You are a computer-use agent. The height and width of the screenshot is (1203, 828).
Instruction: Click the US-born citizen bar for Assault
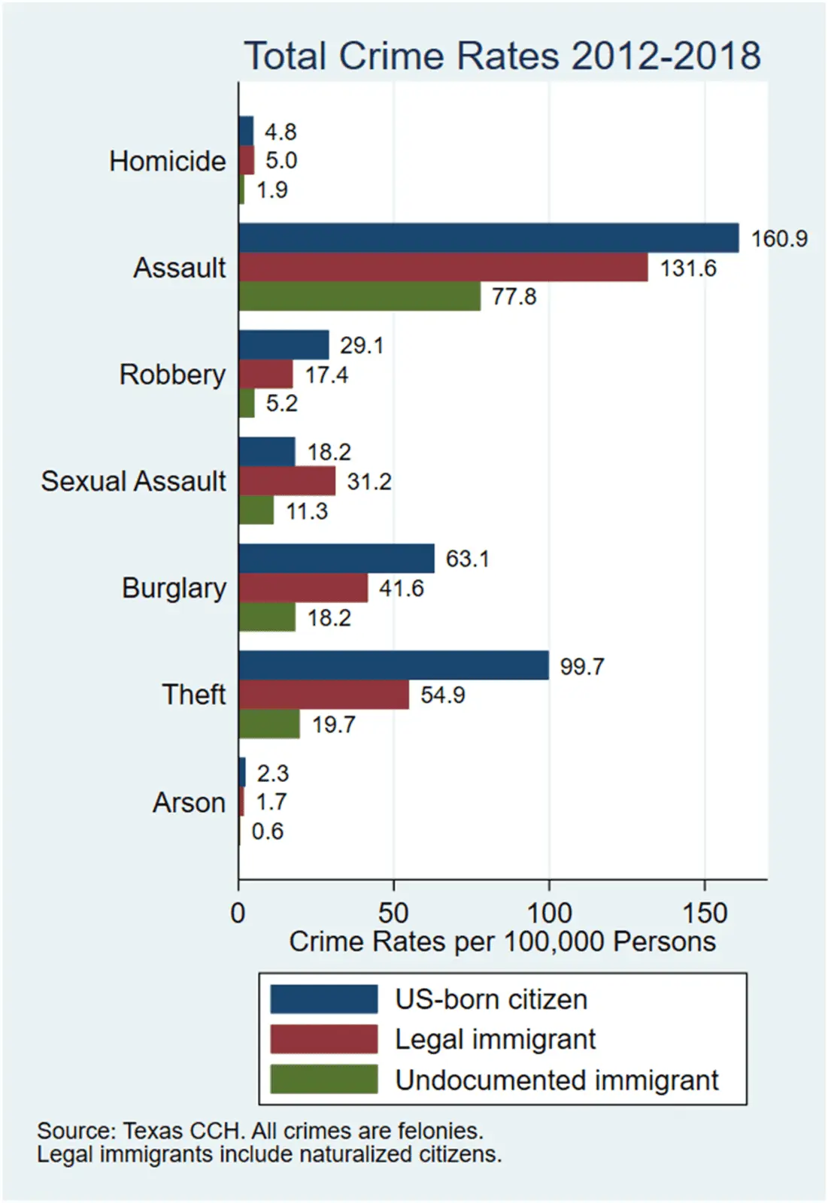[x=488, y=238]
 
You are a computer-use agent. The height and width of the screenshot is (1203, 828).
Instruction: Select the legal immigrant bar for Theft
[x=323, y=695]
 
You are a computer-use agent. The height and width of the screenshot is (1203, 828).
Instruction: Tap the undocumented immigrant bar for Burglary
[x=267, y=618]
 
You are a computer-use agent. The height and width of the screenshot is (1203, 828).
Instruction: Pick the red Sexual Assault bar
[x=287, y=481]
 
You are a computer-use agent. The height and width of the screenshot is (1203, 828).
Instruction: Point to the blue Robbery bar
[x=284, y=345]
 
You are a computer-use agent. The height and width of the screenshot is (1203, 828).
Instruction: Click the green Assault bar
[x=359, y=296]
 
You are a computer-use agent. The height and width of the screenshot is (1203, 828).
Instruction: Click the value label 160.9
[x=779, y=239]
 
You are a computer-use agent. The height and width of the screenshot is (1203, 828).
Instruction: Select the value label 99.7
[x=582, y=667]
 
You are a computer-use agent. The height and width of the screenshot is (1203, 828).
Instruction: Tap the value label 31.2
[x=369, y=482]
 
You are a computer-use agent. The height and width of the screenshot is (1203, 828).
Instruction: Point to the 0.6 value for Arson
[x=268, y=832]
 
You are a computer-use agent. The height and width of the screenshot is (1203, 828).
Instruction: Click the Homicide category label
[x=167, y=161]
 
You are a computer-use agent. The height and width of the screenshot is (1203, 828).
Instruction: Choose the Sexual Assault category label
[x=133, y=481]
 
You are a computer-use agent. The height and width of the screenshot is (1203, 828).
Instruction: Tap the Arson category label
[x=189, y=802]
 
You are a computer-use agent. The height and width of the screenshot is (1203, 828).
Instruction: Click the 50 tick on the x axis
[x=393, y=913]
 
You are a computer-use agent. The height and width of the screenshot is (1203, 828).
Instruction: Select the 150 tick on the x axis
[x=705, y=913]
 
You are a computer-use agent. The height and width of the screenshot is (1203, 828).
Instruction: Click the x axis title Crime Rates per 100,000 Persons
[x=502, y=941]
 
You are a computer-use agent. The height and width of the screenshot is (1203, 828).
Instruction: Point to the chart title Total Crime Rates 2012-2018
[x=502, y=56]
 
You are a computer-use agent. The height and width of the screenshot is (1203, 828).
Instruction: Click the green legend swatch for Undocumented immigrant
[x=324, y=1079]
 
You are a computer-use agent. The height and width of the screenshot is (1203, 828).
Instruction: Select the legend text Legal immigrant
[x=495, y=1039]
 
